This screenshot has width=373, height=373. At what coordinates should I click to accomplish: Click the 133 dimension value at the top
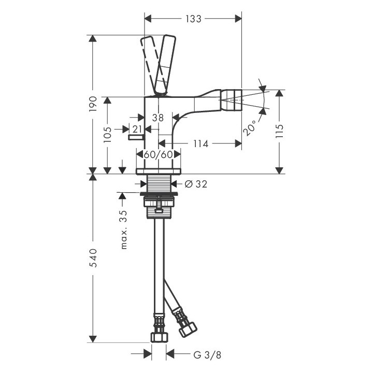(193, 19)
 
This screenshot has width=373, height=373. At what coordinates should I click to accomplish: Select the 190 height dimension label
(93, 104)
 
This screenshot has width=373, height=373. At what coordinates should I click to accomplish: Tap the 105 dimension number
(107, 135)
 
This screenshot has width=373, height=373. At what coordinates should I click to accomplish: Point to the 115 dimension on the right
(280, 131)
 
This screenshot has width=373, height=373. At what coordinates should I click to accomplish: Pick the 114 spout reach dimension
(200, 144)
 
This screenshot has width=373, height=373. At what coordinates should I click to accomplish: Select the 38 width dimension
(158, 118)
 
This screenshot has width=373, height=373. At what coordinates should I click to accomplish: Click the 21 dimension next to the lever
(137, 130)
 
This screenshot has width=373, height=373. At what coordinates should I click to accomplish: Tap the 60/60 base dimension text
(158, 154)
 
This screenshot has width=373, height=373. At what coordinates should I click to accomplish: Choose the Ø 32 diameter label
(196, 184)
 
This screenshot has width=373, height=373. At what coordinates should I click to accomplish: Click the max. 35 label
(124, 229)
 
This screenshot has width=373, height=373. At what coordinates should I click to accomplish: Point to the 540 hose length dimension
(93, 258)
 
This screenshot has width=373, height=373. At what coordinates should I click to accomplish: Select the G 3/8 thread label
(207, 355)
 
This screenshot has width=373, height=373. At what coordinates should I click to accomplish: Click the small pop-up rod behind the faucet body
(135, 137)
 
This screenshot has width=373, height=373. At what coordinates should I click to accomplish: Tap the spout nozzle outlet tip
(232, 100)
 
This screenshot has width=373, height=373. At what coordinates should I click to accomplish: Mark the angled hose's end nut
(188, 329)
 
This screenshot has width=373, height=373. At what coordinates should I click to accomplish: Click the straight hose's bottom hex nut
(159, 337)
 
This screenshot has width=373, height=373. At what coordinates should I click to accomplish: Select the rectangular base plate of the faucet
(158, 171)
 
